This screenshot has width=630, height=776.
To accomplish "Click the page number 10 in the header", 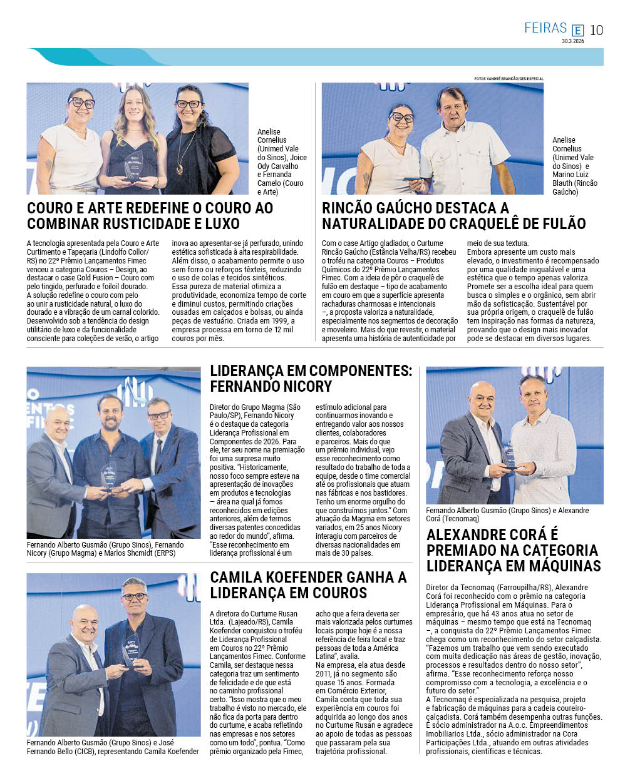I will [597, 29].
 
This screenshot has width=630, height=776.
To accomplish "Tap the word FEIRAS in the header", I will [545, 28].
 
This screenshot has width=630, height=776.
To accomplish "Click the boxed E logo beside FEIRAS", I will [577, 30].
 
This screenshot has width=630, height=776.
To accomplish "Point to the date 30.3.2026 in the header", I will [572, 41].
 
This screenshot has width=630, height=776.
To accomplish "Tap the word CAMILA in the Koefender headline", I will [238, 577].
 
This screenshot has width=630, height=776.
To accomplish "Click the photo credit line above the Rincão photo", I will [509, 79].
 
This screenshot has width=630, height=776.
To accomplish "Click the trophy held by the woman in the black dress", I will [133, 165].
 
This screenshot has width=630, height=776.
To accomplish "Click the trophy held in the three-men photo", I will [109, 476].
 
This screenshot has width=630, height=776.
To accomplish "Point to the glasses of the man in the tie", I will [158, 415].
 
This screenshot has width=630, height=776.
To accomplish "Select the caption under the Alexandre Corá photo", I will [507, 514].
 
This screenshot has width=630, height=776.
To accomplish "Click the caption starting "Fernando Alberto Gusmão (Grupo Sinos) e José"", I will [113, 747].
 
